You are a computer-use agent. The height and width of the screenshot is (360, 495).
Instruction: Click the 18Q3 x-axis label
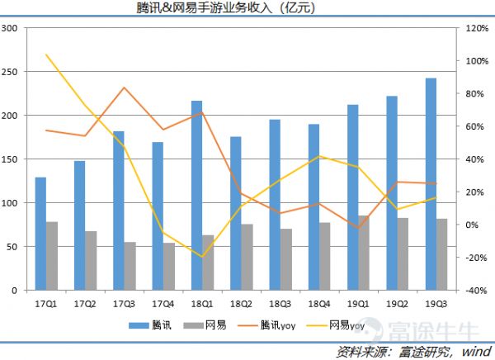click(x=280, y=303)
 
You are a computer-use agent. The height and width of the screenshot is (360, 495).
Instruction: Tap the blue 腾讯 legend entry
click(x=155, y=325)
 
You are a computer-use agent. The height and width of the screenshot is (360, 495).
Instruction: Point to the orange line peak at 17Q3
click(x=124, y=88)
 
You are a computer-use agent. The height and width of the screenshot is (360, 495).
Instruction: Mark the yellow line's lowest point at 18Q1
click(x=202, y=257)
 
